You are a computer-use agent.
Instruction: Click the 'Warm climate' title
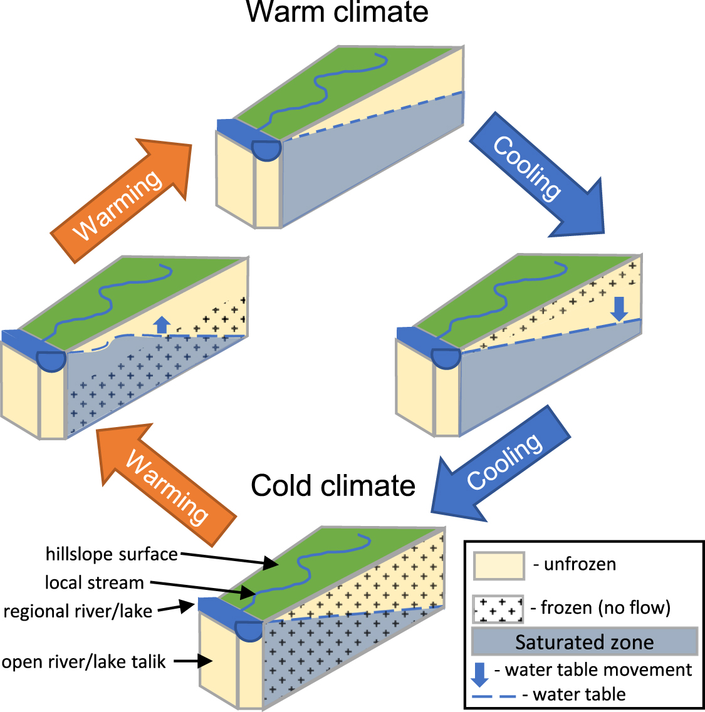[337, 12]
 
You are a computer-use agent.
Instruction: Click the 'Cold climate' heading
[333, 485]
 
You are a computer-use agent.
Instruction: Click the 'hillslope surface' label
[112, 554]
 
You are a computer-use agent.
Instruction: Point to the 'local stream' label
[94, 582]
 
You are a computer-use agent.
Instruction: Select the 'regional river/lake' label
[78, 611]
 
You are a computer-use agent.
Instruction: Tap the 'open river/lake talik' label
[83, 662]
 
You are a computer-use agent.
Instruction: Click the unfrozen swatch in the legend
[499, 565]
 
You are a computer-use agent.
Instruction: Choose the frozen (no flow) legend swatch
[499, 609]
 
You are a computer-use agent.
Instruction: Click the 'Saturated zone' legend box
[584, 642]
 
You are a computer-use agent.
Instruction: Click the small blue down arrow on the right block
[619, 308]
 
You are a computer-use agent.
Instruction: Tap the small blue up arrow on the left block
[162, 324]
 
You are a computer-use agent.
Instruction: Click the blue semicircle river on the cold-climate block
[248, 629]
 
